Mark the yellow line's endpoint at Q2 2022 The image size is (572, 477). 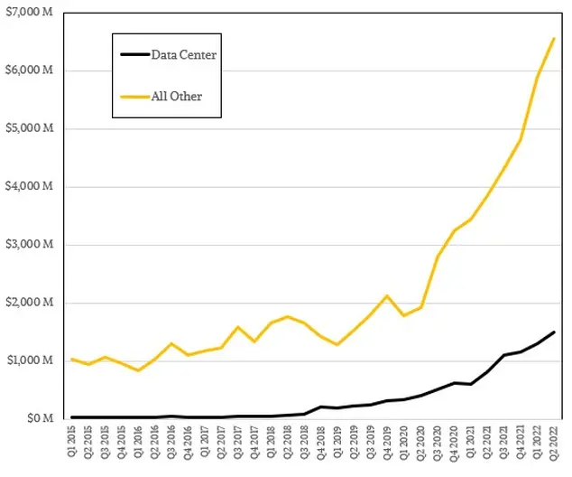click(x=553, y=39)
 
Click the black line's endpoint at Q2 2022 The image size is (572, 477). click(x=553, y=332)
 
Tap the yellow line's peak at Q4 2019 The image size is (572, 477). click(x=386, y=295)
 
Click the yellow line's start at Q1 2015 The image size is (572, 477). click(x=70, y=360)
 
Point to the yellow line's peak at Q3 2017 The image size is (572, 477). click(x=237, y=327)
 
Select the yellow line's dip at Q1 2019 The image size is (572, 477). click(x=337, y=344)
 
